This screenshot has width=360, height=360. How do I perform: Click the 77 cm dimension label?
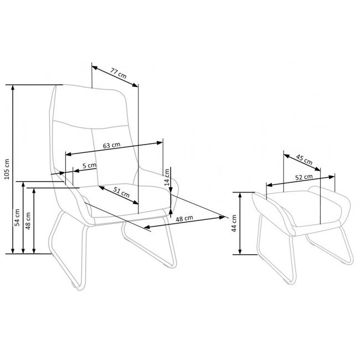(x=119, y=73)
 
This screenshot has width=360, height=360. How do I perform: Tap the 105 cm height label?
(x=7, y=169)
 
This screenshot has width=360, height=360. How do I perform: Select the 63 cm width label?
(x=111, y=145)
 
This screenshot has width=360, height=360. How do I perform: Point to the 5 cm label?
(x=89, y=165)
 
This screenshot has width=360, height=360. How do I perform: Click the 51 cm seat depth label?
(x=122, y=192)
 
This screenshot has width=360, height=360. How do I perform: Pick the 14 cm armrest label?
(x=167, y=177)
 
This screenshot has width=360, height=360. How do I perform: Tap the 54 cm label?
(x=17, y=218)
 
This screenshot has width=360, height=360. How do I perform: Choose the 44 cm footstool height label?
(x=234, y=223)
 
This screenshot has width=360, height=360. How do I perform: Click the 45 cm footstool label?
(x=304, y=160)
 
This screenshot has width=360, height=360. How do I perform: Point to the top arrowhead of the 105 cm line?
(x=13, y=88)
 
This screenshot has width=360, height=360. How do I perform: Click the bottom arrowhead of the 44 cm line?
(x=240, y=252)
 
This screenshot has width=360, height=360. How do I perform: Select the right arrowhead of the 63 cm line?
(x=160, y=143)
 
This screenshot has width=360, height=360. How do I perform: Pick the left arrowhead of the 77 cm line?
(x=95, y=68)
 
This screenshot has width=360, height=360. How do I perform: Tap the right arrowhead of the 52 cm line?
(x=332, y=177)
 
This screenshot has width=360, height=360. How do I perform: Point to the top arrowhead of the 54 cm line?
(x=23, y=184)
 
